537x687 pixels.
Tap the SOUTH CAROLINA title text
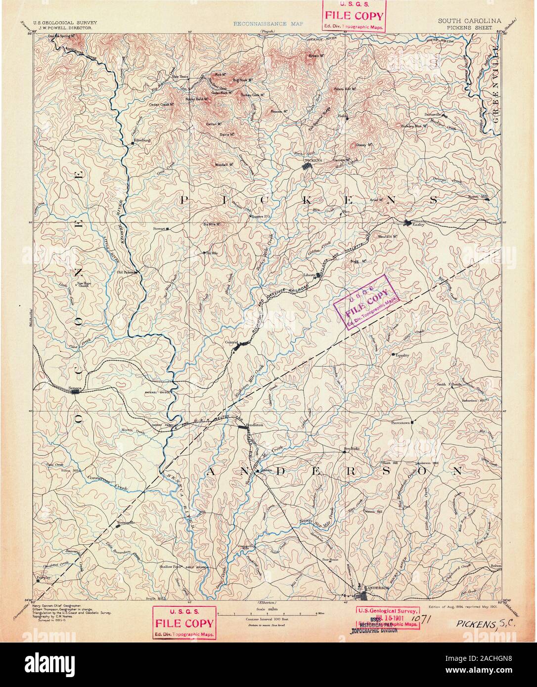[x=469, y=21]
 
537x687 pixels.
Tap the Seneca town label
[x=75, y=388]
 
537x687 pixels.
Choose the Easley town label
[x=419, y=225]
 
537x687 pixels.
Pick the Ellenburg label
[x=139, y=140]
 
